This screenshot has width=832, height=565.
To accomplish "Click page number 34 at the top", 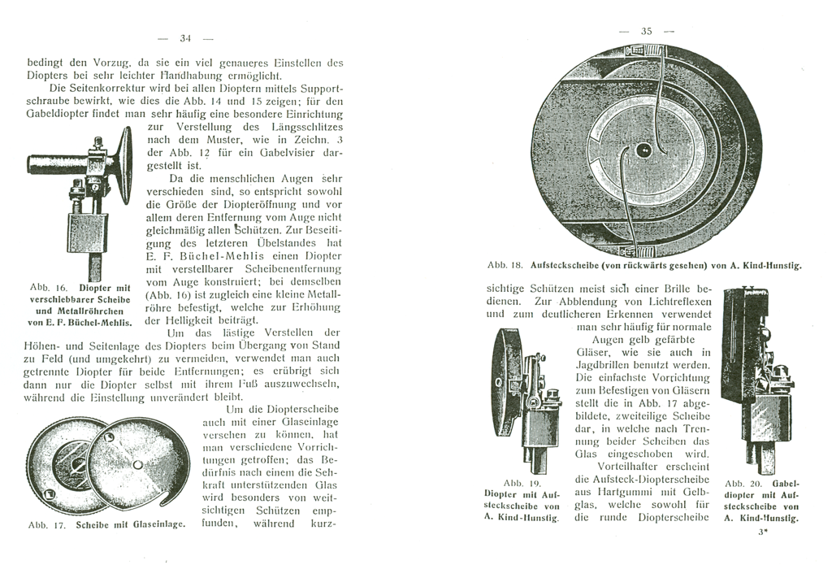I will click(184, 37).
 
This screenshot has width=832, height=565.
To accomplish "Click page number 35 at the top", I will click(647, 31).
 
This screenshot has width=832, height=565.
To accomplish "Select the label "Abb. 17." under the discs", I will click(47, 524).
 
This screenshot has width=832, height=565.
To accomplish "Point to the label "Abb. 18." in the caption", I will click(504, 265).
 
